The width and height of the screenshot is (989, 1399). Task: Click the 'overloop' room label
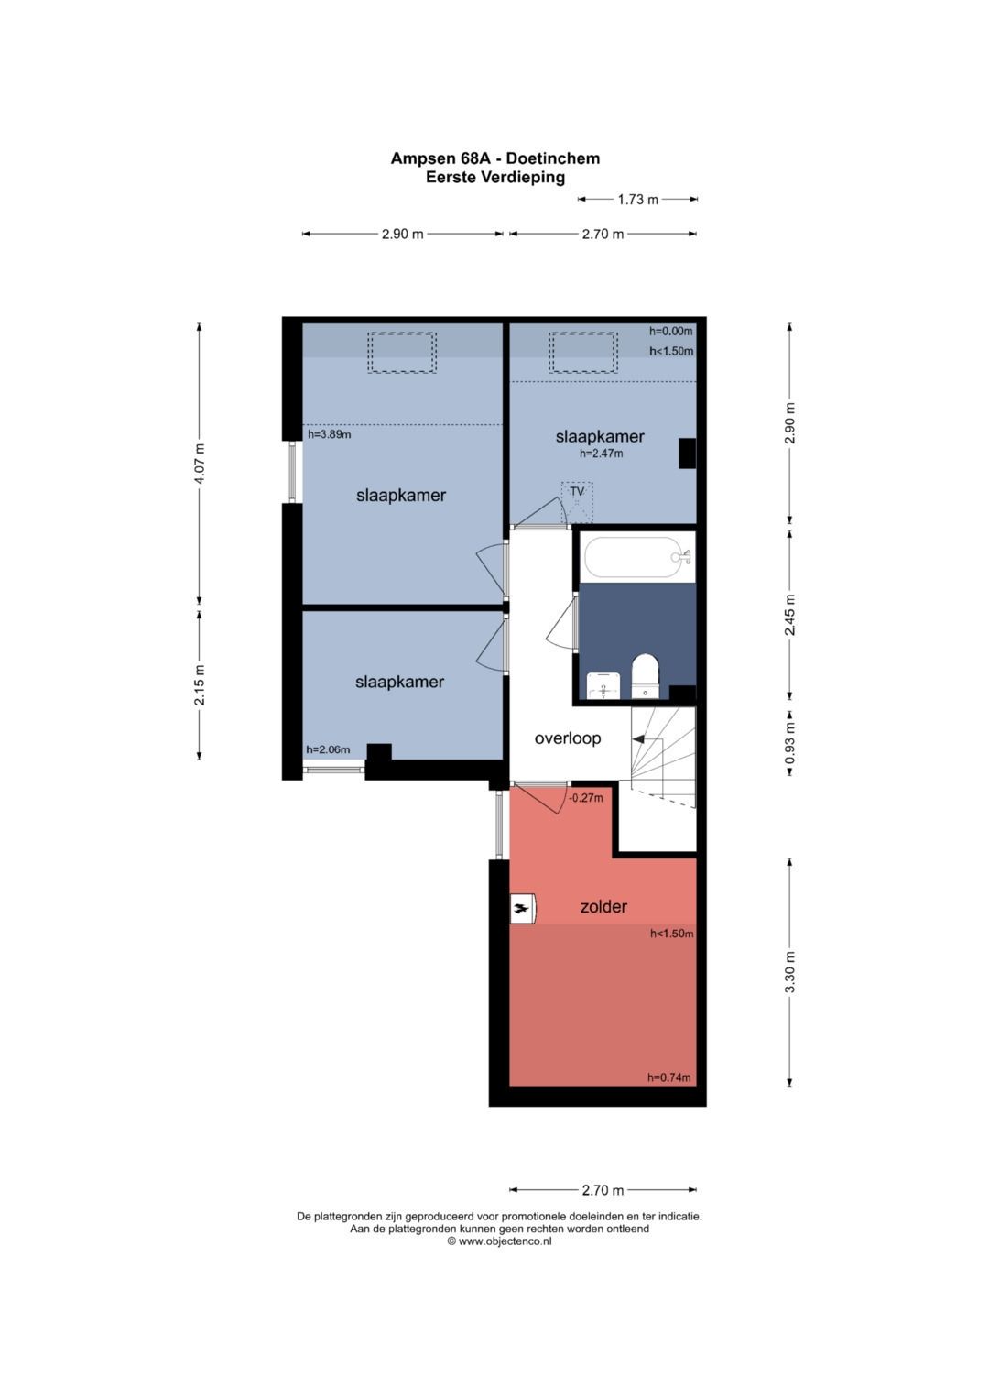[x=567, y=738]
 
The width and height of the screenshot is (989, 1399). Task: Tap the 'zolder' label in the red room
[x=603, y=906]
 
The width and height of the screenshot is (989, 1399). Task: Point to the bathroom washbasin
[x=603, y=685]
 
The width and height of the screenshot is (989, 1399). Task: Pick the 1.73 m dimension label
[x=637, y=200]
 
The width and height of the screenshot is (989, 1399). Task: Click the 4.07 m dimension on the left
[x=200, y=465]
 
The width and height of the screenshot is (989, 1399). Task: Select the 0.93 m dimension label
[x=789, y=743]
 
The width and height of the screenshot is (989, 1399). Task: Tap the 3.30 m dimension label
[x=789, y=972]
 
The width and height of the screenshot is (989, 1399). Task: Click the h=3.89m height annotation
[x=329, y=434]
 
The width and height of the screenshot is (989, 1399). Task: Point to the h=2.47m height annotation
[x=601, y=454]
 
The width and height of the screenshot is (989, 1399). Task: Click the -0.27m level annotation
[x=586, y=798]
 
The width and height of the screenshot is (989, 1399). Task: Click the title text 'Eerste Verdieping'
[x=495, y=178]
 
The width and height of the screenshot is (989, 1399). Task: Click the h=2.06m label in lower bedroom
[x=328, y=749]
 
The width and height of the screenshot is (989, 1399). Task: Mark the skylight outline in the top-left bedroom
[x=401, y=352]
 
